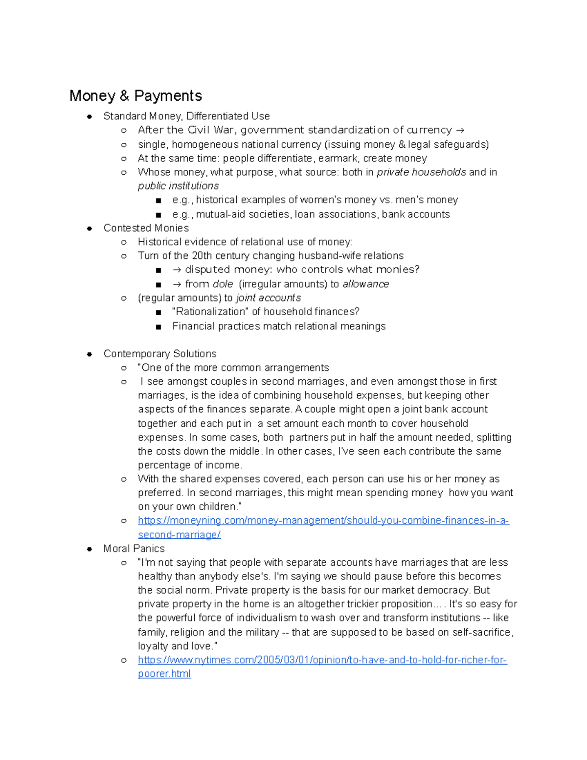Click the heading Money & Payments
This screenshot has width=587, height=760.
(x=135, y=95)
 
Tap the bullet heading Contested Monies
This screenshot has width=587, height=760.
(x=146, y=228)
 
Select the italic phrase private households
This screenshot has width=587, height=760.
(x=421, y=172)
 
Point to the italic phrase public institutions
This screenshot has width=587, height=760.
(x=178, y=186)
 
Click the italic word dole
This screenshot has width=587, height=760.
(x=223, y=284)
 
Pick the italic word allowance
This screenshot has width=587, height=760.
(x=365, y=284)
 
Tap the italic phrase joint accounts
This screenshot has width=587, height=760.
(x=268, y=298)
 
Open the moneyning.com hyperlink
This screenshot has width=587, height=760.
(x=323, y=521)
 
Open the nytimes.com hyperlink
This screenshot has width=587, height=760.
(x=322, y=660)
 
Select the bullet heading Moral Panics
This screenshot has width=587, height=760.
(x=134, y=549)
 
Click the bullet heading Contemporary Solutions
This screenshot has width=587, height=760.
(x=159, y=354)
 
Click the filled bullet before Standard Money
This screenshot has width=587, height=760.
(x=90, y=116)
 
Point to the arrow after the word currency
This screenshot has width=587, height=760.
(x=460, y=130)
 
